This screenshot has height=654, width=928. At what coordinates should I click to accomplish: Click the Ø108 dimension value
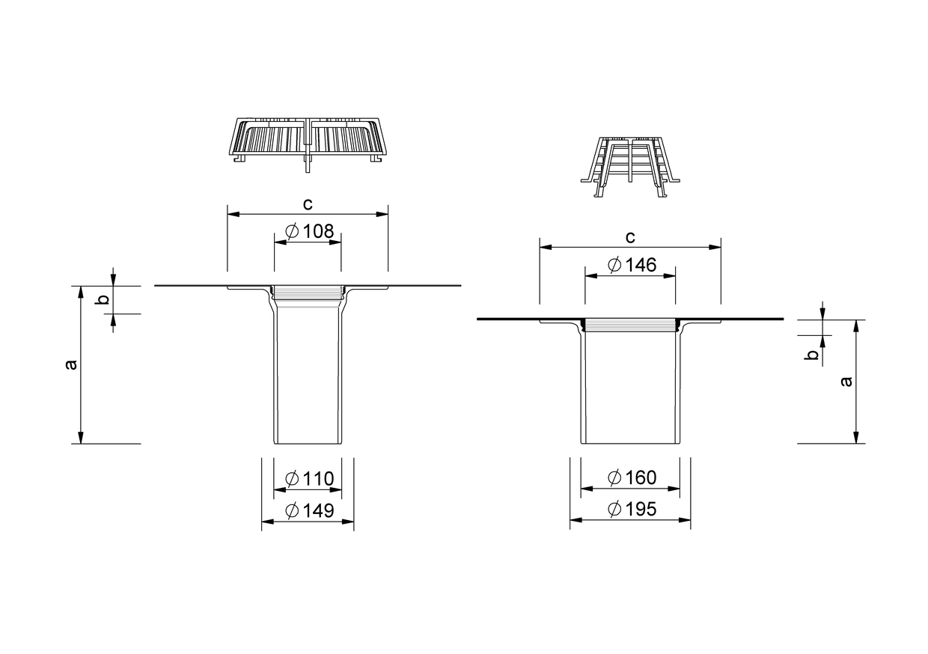(310, 231)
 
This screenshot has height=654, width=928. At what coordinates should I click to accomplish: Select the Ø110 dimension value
(310, 479)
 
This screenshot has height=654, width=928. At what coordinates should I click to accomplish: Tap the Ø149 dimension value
(310, 510)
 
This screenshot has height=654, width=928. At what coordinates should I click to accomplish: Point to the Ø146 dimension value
(632, 265)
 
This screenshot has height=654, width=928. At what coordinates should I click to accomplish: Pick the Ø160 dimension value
(632, 477)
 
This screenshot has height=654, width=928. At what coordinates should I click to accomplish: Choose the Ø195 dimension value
(632, 509)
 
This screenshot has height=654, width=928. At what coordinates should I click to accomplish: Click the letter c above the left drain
(308, 204)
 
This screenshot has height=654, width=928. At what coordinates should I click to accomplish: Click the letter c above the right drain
(630, 237)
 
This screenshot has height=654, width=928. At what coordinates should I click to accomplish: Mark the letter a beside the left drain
(72, 364)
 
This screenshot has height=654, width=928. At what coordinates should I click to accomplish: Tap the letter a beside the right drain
(847, 381)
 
